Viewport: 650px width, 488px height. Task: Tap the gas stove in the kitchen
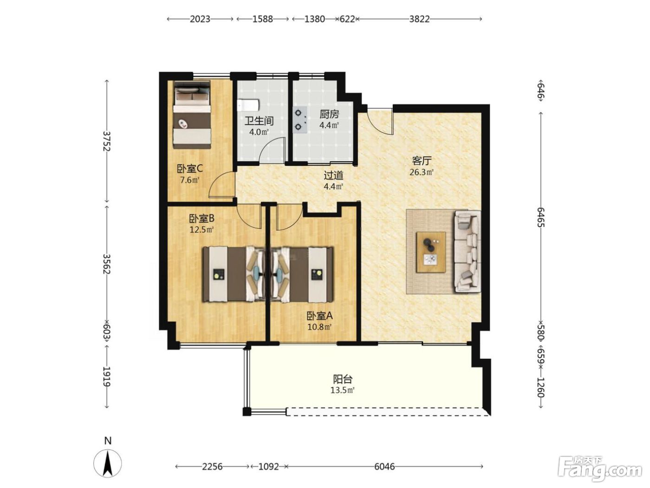(x=300, y=120)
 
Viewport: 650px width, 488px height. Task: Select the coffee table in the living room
(x=431, y=252)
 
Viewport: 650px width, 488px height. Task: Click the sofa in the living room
(x=467, y=251)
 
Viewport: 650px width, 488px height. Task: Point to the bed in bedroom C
(x=192, y=114)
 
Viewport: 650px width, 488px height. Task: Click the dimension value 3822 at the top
(x=419, y=19)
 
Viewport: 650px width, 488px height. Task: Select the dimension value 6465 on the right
(x=541, y=217)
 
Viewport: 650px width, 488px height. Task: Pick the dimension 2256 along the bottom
(x=212, y=467)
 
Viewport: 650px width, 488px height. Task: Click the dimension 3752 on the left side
(x=106, y=141)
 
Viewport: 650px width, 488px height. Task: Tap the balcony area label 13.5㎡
(x=343, y=390)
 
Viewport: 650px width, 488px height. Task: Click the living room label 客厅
(x=422, y=161)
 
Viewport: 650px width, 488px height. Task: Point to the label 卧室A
(x=319, y=316)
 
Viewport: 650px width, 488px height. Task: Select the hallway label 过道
(x=333, y=175)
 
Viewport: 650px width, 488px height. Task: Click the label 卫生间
(x=259, y=121)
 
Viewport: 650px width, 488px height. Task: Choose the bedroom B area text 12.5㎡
(x=201, y=229)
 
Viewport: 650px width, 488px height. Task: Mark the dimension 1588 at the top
(x=263, y=19)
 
